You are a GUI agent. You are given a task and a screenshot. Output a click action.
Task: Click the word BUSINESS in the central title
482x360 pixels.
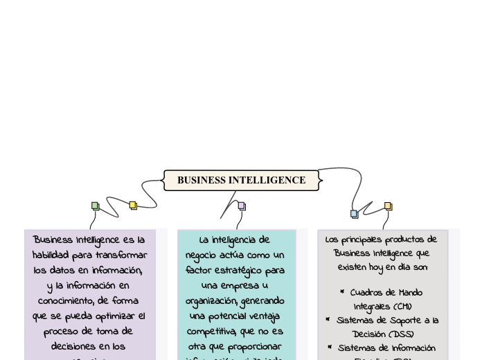[x=202, y=180]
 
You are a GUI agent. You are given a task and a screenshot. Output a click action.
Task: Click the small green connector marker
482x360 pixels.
[x=96, y=206]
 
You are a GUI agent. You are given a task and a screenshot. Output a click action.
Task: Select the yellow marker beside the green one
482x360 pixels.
[x=134, y=206]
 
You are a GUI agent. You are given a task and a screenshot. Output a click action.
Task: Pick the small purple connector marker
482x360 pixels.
[x=242, y=206]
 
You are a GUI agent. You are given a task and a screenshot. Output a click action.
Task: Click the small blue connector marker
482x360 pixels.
[x=355, y=214]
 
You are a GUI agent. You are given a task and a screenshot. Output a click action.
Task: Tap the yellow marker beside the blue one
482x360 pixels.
[x=389, y=206]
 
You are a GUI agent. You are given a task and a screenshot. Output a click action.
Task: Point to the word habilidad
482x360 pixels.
[x=51, y=255]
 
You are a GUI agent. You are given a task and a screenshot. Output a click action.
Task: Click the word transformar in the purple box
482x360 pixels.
[x=122, y=255]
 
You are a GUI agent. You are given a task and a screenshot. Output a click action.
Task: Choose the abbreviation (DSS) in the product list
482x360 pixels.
[x=402, y=334]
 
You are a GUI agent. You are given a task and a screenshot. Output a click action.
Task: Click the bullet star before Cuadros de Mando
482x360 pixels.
[x=342, y=292]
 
